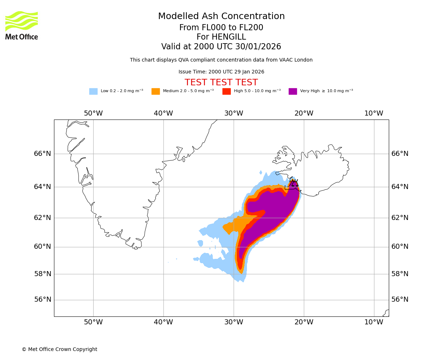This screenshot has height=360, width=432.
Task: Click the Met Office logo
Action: (x=22, y=25)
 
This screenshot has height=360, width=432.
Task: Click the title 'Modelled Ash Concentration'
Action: (x=221, y=17)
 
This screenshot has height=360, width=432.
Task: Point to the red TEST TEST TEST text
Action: (x=221, y=82)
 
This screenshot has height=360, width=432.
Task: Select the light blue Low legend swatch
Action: (x=93, y=91)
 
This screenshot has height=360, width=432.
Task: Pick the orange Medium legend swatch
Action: (x=156, y=91)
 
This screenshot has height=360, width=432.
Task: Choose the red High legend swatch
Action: (x=226, y=91)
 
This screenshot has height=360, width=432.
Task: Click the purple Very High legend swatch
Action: (x=293, y=91)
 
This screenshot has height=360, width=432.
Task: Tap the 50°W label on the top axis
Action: (x=93, y=113)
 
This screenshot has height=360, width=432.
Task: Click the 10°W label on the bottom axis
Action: (x=374, y=322)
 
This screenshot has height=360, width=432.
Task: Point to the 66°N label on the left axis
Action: (x=42, y=154)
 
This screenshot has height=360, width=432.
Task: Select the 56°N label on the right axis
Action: (x=400, y=300)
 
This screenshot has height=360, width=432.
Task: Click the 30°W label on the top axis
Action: (x=234, y=113)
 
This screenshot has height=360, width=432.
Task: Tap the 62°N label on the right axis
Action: (x=400, y=217)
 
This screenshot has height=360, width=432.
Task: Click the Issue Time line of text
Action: (x=221, y=72)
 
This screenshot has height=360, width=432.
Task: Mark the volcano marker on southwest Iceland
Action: (x=294, y=183)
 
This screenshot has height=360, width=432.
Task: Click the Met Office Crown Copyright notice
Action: (x=59, y=349)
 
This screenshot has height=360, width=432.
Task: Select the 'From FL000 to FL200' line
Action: (x=221, y=28)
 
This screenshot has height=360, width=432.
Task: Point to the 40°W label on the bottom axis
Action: (x=163, y=322)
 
